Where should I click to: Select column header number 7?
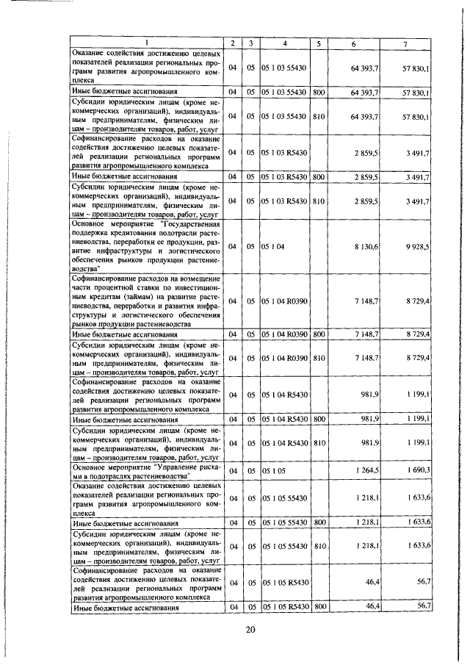[x=405, y=44]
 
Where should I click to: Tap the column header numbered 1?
[x=147, y=44]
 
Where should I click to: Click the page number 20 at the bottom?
[x=249, y=630]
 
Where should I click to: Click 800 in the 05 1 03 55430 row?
[x=319, y=92]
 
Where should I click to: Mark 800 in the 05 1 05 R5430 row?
[x=319, y=607]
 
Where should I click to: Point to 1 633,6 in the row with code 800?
[x=417, y=522]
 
